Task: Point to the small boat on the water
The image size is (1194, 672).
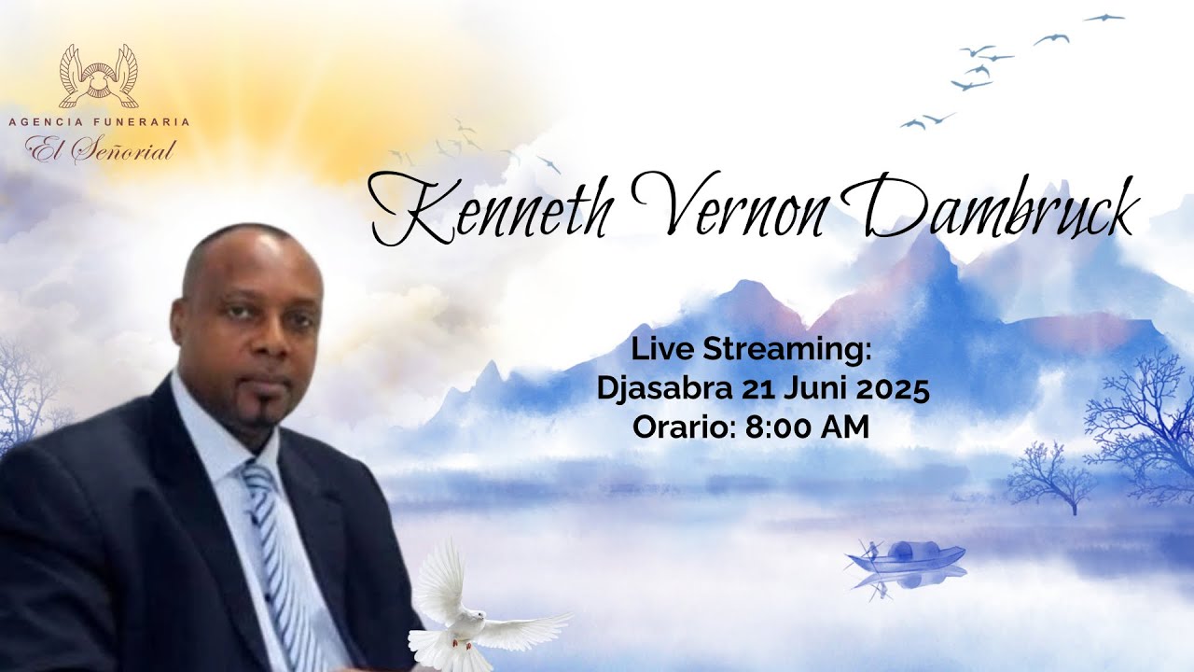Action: pyautogui.click(x=905, y=557)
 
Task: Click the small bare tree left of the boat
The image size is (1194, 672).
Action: pyautogui.click(x=1051, y=476)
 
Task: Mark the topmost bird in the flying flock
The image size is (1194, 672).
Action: pyautogui.click(x=1104, y=17)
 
